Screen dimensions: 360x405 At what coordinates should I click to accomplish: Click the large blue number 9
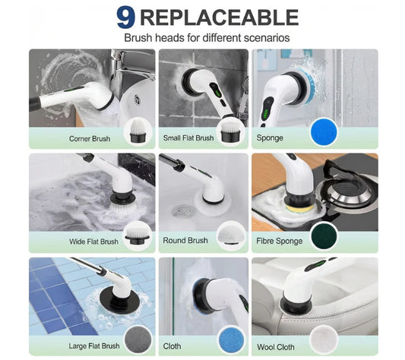tap(126, 17)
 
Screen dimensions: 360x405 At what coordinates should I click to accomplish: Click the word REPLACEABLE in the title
tap(217, 17)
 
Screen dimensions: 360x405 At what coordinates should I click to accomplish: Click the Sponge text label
tap(270, 138)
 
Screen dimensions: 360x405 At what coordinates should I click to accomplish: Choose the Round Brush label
tap(185, 241)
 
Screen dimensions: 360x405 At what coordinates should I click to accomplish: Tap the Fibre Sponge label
tap(280, 242)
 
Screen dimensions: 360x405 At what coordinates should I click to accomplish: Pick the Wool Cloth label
tap(277, 346)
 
